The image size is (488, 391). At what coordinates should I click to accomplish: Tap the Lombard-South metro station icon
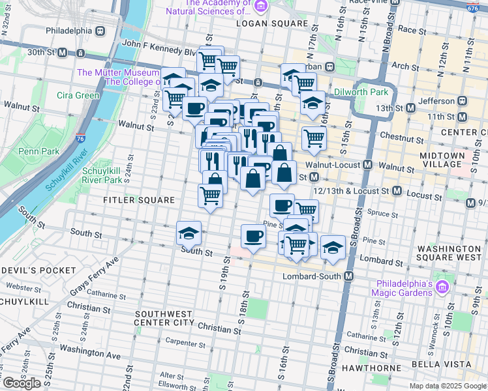(349, 276)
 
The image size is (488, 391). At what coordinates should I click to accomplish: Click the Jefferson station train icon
(463, 101)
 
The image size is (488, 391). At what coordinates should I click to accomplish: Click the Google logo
(22, 383)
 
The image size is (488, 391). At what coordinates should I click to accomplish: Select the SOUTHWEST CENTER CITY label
(164, 318)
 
